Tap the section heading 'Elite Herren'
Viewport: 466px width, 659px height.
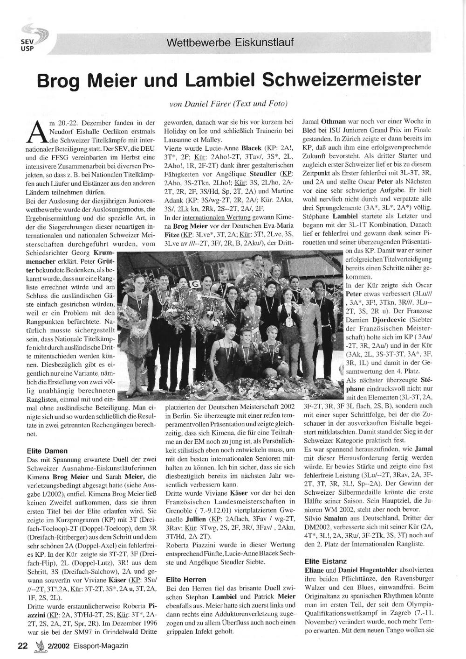tap(186, 579)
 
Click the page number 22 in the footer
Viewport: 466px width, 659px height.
tap(23, 646)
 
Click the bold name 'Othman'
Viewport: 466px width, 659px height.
tap(329, 121)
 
